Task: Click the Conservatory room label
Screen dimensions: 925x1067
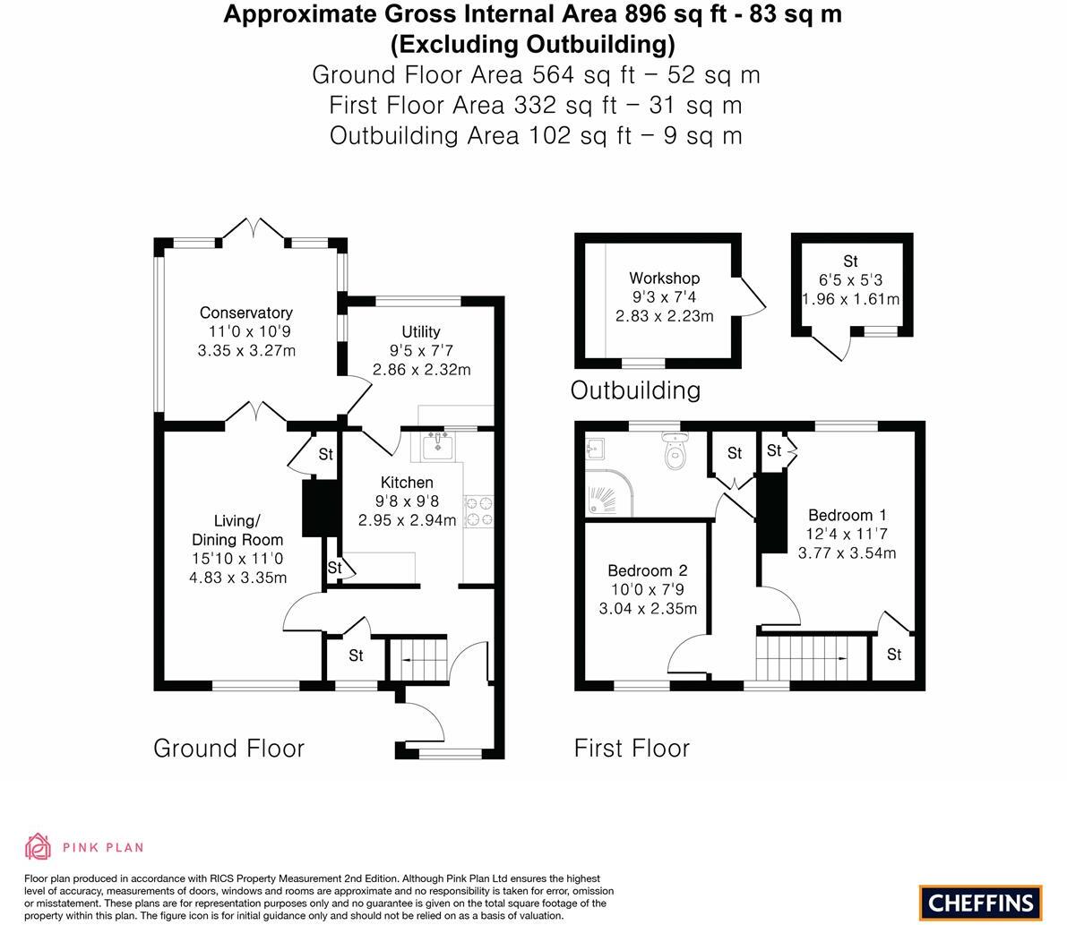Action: [x=245, y=313]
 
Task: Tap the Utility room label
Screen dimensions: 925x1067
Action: [x=420, y=332]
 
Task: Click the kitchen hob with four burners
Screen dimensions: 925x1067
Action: [x=478, y=510]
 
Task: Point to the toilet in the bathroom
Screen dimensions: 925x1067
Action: [x=676, y=453]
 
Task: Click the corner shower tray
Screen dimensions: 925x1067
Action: [x=607, y=493]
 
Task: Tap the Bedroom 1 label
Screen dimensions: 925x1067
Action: [x=847, y=515]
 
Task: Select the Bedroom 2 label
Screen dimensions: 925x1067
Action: [x=647, y=570]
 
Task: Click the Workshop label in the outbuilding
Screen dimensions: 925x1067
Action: [x=664, y=278]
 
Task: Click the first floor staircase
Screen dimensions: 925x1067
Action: [x=812, y=658]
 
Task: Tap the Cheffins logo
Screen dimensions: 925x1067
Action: [x=980, y=903]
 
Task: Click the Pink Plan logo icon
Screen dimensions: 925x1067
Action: [x=39, y=846]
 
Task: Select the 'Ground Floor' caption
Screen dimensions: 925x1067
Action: [x=228, y=749]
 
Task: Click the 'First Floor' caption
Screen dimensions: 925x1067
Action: [x=632, y=749]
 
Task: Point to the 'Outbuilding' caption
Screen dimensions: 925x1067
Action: [x=635, y=390]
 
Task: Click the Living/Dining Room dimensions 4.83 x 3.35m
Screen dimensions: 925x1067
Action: [x=237, y=578]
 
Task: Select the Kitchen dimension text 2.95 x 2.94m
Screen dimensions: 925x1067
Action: [x=407, y=520]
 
